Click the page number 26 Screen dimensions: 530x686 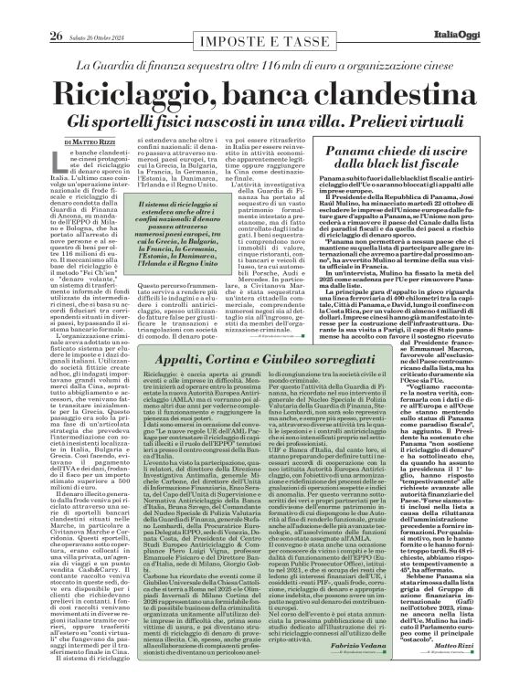31,11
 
